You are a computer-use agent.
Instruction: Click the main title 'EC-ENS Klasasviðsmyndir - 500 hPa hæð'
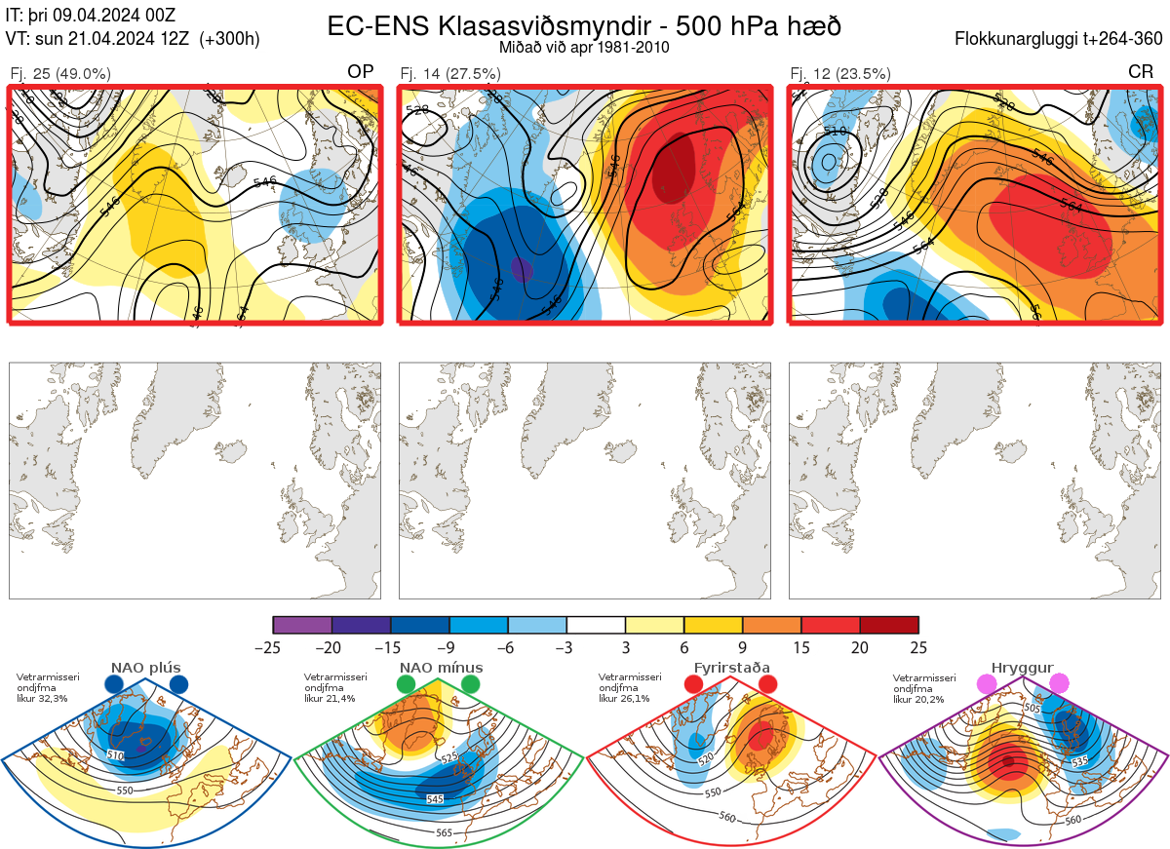coord(584,25)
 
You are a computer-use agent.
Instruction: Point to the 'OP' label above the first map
coord(361,71)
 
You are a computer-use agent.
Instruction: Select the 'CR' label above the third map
coord(1140,71)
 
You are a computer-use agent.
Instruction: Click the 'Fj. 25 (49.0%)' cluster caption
coord(60,73)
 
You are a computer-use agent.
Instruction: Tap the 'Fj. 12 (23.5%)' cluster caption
coord(840,73)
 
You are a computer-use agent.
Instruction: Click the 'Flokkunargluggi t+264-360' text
coord(1060,40)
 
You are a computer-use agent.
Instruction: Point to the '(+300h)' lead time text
coord(229,40)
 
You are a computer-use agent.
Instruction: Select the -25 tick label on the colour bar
coord(274,646)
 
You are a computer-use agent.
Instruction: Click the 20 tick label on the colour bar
coord(860,646)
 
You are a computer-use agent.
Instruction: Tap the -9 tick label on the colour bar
coord(449,646)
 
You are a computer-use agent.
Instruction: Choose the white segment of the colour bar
coord(596,625)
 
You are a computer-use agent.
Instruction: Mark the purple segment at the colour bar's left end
coord(302,625)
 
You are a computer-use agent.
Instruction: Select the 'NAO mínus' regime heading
coord(441,668)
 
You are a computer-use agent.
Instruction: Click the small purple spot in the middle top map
coord(522,268)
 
